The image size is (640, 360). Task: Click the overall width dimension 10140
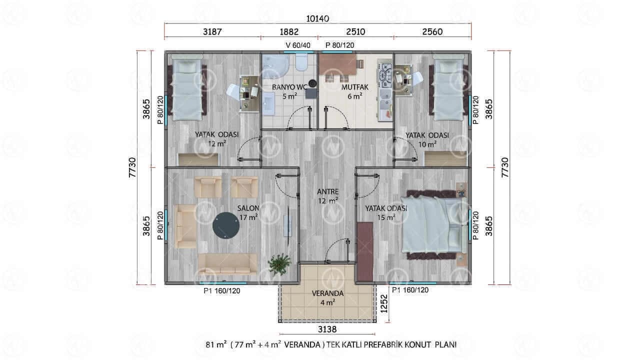317,18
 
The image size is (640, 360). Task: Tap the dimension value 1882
289,31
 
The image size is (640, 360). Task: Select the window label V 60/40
298,45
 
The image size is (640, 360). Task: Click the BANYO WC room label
289,87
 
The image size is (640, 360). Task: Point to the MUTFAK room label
355,87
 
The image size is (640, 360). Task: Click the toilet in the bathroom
301,62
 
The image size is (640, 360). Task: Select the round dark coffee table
226,225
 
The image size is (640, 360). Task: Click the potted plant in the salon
279,264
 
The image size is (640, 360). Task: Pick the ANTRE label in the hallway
327,191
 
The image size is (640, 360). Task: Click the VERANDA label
327,293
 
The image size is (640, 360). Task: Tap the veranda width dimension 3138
327,329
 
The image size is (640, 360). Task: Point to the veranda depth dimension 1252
384,303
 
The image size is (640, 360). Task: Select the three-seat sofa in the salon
227,264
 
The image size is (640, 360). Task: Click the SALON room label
248,208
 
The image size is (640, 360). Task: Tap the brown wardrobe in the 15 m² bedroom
365,251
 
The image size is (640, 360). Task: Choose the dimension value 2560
432,31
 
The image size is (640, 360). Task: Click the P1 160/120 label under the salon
221,291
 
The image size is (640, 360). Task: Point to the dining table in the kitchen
337,64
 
